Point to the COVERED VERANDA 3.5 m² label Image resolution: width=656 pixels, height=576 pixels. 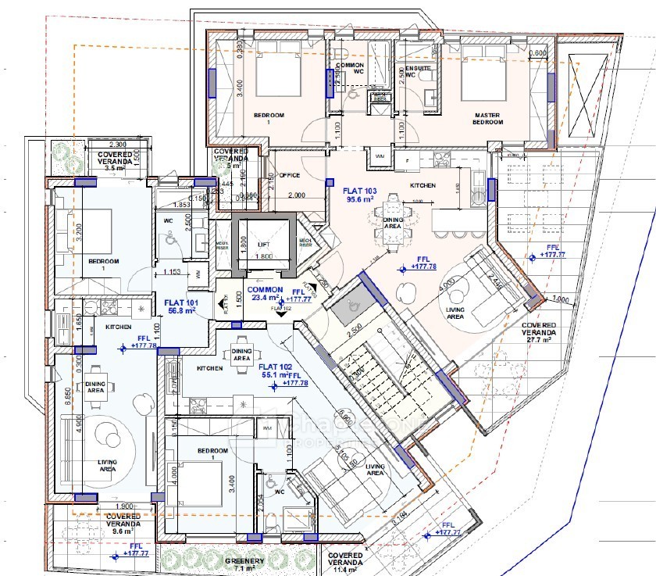point(114,161)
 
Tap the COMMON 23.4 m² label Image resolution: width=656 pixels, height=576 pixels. point(266,293)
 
